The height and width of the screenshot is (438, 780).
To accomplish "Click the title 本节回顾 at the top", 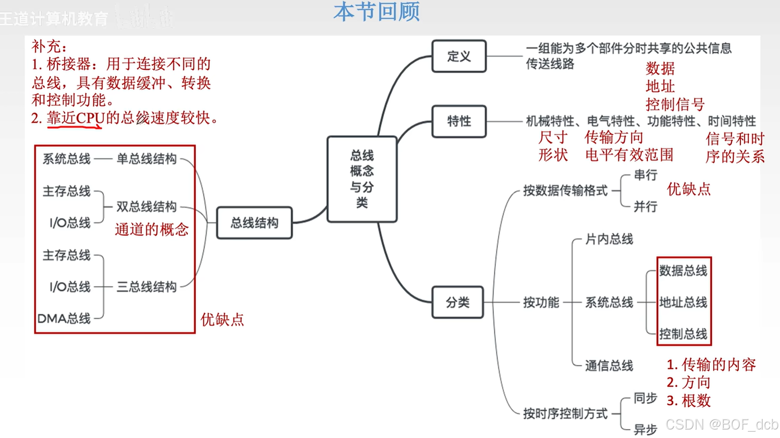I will coord(376,12).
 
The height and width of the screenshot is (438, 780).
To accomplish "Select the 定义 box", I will coord(459,56).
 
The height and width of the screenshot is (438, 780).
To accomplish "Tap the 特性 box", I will coord(459,121).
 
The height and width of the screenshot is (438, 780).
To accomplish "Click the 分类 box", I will coord(457,302).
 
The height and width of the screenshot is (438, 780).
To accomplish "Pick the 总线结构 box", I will coord(254,223).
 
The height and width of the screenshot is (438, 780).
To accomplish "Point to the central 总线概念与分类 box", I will coord(362,179).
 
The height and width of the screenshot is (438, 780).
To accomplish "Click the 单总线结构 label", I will coord(146,159).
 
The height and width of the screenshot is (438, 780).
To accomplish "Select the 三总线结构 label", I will coord(146,287).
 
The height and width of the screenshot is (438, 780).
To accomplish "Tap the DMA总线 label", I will coord(64,318).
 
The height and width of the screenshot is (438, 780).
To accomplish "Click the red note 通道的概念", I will coord(151,229).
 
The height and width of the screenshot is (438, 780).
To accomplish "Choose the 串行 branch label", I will coord(645,175).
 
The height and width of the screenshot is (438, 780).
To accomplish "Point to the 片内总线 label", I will coord(609,240).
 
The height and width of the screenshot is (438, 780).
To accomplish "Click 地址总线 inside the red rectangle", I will coord(683,302).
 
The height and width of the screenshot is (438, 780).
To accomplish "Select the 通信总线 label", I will coord(609,366).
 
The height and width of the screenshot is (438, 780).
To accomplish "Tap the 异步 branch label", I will coord(645,429).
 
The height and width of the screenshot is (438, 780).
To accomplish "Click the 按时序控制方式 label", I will coord(565,413).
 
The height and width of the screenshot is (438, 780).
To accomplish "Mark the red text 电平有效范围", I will coord(629,155).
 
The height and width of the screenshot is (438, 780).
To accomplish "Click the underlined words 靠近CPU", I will coord(75,118).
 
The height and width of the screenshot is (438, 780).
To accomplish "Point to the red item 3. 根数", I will coord(689,400).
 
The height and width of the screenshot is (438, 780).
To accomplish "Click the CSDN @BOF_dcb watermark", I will coord(722,424).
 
